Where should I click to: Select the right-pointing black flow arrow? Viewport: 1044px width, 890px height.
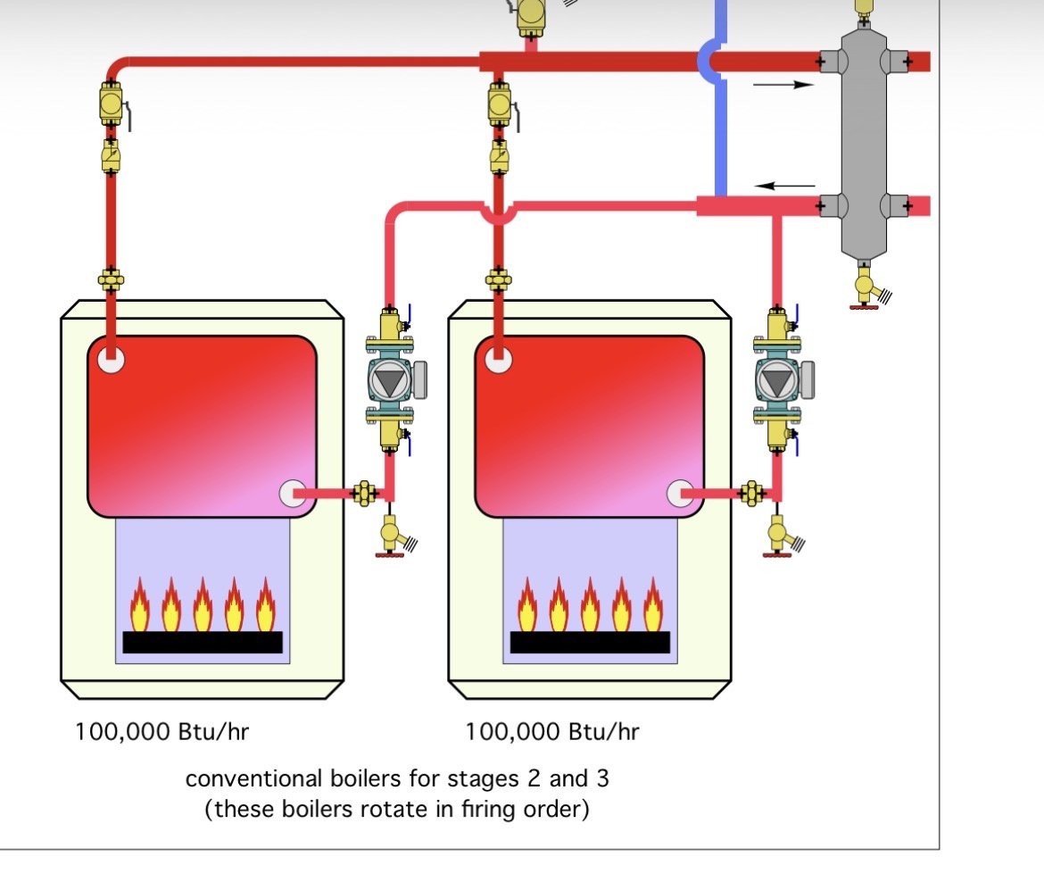tap(783, 85)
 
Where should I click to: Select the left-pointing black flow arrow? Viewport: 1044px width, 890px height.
tap(785, 186)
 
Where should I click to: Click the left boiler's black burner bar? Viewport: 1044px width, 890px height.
tap(203, 642)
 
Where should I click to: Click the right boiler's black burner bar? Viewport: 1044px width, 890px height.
tap(590, 642)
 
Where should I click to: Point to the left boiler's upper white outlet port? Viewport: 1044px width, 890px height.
tap(111, 360)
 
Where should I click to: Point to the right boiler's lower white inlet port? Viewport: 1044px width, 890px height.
tap(681, 493)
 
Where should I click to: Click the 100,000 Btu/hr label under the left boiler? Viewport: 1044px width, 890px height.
tap(162, 732)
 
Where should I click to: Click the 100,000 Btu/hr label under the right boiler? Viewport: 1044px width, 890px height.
tap(551, 732)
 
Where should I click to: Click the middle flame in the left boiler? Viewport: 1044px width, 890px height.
tap(203, 604)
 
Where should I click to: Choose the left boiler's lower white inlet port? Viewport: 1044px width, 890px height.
tap(293, 493)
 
